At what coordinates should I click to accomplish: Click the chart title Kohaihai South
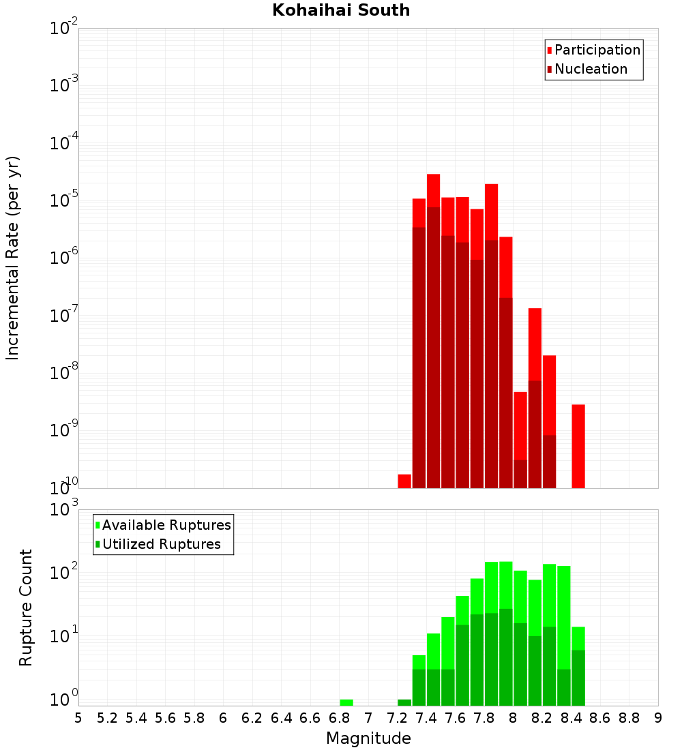pos(341,11)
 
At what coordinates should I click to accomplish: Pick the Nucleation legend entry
pos(591,70)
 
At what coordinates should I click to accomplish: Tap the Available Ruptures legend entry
pos(166,526)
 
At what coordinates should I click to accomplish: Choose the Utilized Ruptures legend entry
pos(161,545)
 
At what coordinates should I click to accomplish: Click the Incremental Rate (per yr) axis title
pos(14,258)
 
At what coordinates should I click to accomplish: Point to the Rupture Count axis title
pos(26,607)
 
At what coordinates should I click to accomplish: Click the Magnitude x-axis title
pos(368,738)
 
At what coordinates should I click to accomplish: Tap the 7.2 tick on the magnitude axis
pos(397,718)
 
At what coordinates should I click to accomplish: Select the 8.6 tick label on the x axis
pos(600,718)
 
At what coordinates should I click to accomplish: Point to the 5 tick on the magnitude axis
pos(78,718)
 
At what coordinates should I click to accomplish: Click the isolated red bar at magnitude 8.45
pos(578,447)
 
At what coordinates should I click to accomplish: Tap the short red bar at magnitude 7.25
pos(404,481)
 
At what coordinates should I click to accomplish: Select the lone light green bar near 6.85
pos(346,702)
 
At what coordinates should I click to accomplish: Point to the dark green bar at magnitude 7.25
pos(404,702)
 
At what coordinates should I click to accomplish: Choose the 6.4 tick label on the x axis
pos(281,718)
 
